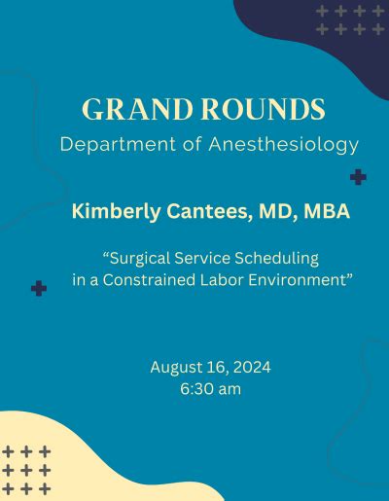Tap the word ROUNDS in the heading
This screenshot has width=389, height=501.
[x=264, y=109]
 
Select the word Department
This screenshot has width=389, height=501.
[x=118, y=145]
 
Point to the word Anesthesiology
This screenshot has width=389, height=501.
[x=284, y=145]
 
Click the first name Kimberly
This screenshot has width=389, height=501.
[x=116, y=212]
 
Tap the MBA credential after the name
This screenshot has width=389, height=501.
[x=327, y=211]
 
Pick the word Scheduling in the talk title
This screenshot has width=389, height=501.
[x=276, y=259]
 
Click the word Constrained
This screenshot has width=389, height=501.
[x=149, y=280]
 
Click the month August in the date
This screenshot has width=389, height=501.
[x=176, y=368]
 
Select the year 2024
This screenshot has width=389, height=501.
[x=252, y=368]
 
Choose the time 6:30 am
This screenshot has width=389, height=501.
[x=211, y=389]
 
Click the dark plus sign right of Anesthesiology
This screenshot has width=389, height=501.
[x=358, y=177]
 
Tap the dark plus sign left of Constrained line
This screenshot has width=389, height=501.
[x=39, y=288]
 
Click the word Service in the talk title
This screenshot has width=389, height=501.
[x=202, y=259]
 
